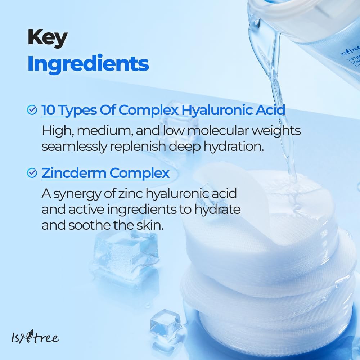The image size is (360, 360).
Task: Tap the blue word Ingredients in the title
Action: [x=88, y=63]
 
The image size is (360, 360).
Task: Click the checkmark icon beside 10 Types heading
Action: [x=32, y=110]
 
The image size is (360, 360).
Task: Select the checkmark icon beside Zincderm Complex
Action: [x=32, y=173]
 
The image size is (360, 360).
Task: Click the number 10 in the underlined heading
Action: [x=49, y=110]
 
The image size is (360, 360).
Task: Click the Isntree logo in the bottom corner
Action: [x=35, y=338]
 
